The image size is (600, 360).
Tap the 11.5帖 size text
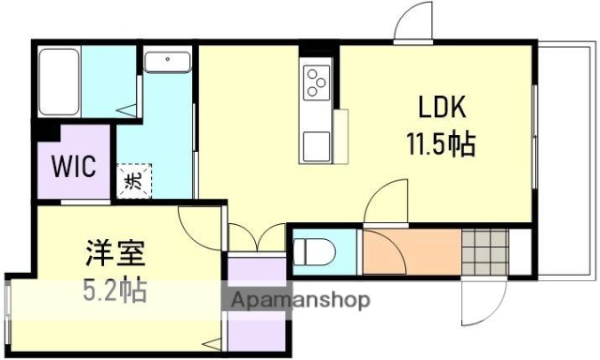pos(439,145)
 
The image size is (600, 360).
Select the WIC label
pos(73,167)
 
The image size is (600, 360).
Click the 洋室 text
pos(109,253)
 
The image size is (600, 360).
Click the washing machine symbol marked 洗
pos(130,178)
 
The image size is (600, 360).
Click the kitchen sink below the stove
pos(316,146)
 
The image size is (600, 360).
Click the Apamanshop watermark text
pos(300,301)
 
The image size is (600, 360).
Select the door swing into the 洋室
pos(200,226)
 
